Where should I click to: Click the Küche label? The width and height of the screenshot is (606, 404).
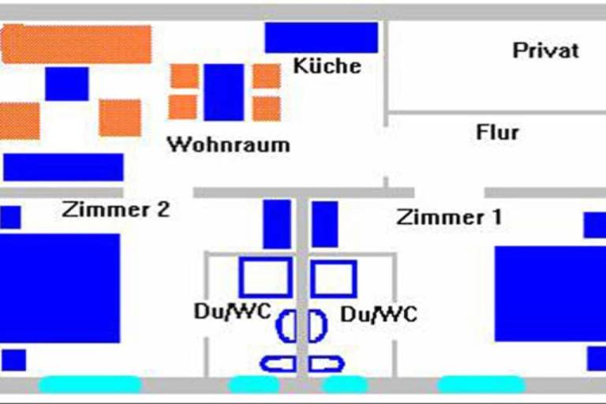click(327, 65)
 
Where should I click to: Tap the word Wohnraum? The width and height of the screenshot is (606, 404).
click(228, 144)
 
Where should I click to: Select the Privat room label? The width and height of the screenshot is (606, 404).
click(546, 50)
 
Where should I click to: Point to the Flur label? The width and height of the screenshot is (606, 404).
click(497, 133)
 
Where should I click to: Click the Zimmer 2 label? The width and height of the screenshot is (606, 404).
click(115, 210)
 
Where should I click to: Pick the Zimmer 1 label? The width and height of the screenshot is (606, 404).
click(449, 217)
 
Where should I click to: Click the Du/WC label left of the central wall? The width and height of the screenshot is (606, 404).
click(233, 312)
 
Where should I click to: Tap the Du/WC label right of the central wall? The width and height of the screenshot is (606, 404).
click(379, 314)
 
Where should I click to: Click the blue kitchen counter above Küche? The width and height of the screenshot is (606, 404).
click(321, 38)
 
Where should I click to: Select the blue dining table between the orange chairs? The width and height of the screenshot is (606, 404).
click(224, 92)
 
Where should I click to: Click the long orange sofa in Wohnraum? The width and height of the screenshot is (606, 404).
click(76, 43)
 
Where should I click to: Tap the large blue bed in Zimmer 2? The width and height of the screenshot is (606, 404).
click(60, 288)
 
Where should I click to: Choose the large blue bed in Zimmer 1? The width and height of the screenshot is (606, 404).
click(550, 294)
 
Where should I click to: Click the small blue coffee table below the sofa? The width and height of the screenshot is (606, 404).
click(67, 84)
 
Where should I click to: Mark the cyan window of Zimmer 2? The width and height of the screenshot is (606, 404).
click(90, 384)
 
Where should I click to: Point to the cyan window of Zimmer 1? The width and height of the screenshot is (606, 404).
click(481, 384)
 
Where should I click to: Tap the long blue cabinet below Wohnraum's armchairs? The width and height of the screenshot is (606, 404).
click(63, 167)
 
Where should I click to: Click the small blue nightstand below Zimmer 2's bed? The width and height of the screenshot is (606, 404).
click(13, 361)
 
